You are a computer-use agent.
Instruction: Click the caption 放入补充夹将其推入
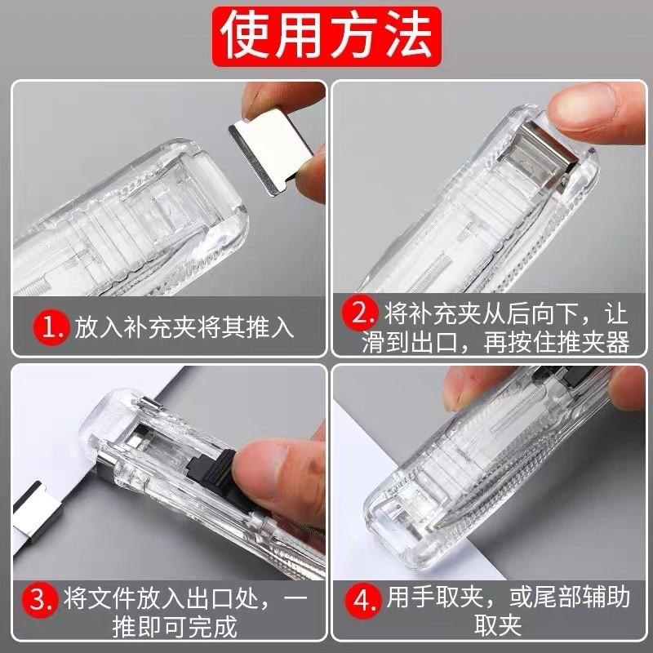point(184,329)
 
